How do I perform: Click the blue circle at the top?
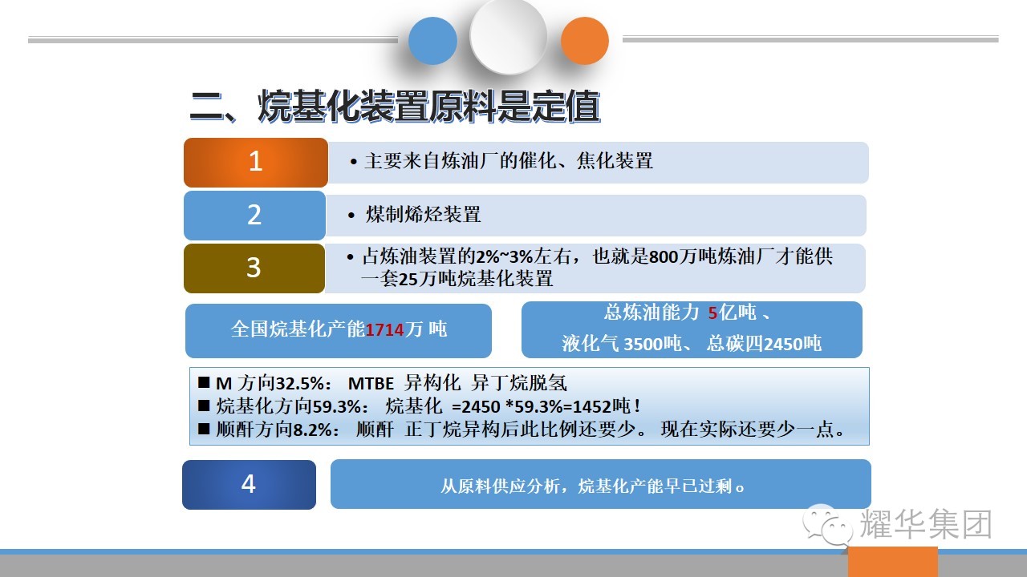coord(432,40)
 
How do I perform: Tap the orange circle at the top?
coord(585,40)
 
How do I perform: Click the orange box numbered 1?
coord(256,163)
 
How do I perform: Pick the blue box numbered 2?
coord(255,216)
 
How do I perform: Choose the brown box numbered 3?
coord(254,268)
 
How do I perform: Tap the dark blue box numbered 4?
coord(249,485)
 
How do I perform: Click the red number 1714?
coord(384,329)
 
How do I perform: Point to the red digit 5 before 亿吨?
coord(712,313)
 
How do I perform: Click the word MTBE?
coord(371,383)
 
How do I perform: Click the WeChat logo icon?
coord(828,525)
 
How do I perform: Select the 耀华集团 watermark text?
coord(926,524)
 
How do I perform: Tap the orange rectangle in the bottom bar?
coord(893,562)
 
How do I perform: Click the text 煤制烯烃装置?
coord(423,214)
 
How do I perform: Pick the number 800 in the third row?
coord(664,257)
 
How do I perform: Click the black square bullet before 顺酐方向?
coord(204,429)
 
